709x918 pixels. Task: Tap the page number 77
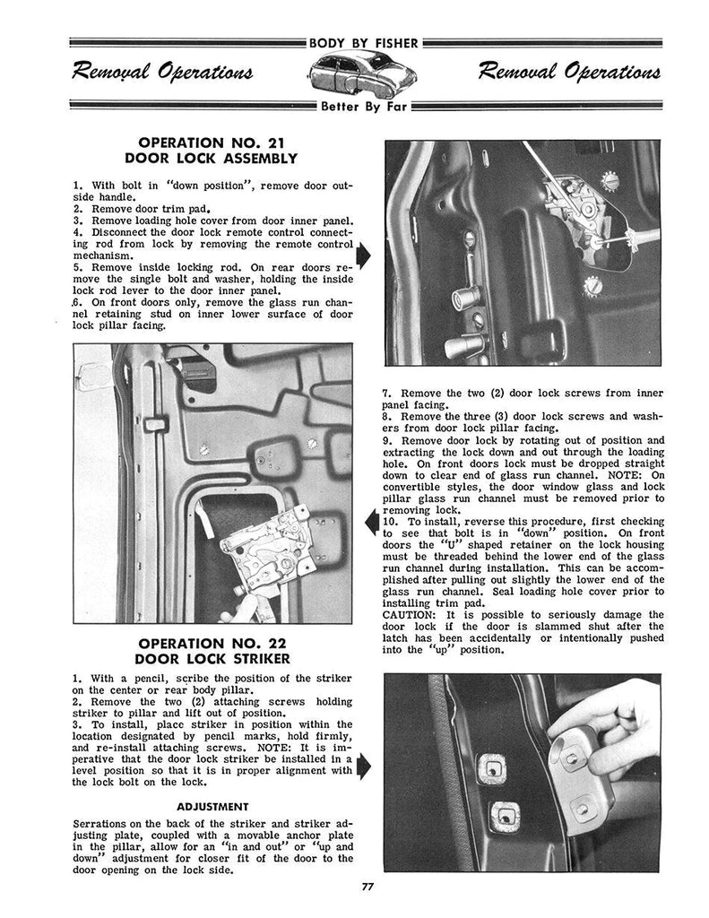tap(354, 887)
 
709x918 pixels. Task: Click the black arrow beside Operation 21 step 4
tap(362, 255)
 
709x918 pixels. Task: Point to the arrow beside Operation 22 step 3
tap(362, 765)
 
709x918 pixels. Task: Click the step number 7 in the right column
tap(386, 393)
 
